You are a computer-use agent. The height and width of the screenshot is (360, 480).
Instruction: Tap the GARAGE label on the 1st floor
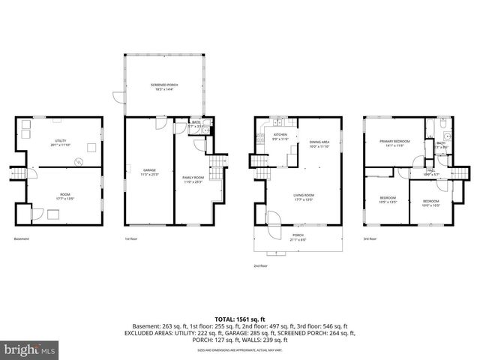pos(149,171)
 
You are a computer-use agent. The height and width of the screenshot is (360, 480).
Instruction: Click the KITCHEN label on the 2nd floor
pos(280,136)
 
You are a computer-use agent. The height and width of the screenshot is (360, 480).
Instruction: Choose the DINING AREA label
pos(319,144)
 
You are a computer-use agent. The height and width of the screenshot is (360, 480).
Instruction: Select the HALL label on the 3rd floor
pos(431,171)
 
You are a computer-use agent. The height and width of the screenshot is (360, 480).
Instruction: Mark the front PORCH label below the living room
pos(298,236)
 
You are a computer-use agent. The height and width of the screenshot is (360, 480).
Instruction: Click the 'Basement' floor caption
pos(22,239)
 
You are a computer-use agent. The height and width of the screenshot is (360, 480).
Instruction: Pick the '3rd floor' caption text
pos(370,239)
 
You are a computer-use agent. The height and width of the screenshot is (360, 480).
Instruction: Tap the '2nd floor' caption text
pos(260,265)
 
